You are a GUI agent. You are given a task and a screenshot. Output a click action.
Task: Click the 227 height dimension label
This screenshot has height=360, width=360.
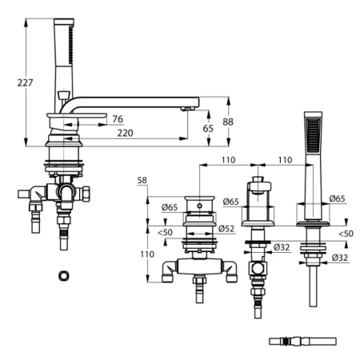(x=25, y=82)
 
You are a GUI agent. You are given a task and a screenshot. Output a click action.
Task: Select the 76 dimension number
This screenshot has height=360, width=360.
(x=118, y=119)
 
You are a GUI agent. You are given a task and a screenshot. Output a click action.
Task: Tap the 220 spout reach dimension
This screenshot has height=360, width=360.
(x=125, y=133)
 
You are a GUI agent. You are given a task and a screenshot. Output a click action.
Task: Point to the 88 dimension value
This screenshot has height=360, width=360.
(x=228, y=122)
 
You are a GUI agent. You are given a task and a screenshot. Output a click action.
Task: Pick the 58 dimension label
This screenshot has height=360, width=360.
(x=142, y=181)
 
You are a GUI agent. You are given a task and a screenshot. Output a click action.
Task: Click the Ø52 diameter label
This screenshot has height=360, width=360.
(x=226, y=229)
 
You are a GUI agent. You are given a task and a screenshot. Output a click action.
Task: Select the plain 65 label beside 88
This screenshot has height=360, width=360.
(x=208, y=129)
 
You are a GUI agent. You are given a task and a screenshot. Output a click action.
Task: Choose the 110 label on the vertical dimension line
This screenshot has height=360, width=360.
(x=147, y=254)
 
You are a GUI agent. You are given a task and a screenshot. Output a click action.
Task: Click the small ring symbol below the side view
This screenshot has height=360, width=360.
(x=64, y=276)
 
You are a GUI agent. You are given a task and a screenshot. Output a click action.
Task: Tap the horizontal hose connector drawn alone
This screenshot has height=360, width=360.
(x=302, y=342)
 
